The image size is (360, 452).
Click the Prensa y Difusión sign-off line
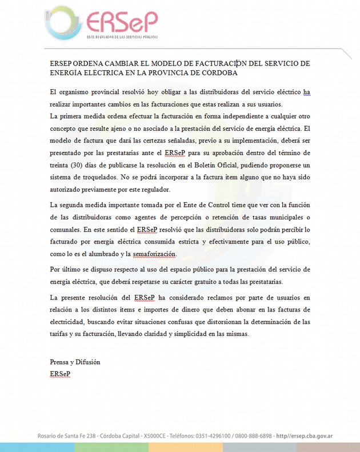75,362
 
